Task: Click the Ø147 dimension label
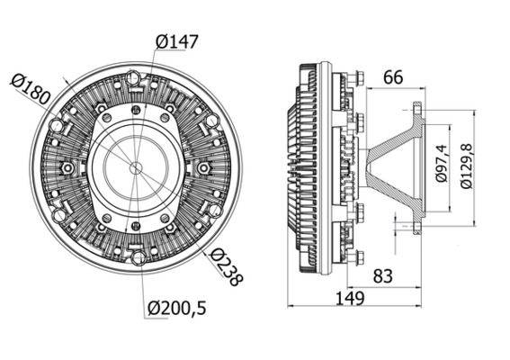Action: click(x=176, y=41)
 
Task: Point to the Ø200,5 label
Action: click(x=177, y=309)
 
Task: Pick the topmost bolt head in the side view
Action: click(x=359, y=79)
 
